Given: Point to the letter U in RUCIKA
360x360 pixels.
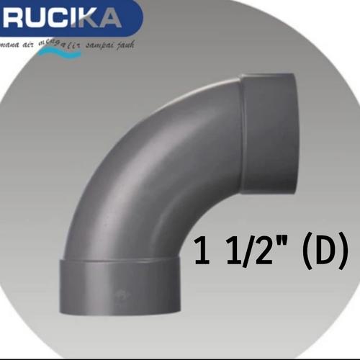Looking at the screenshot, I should (36, 18).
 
